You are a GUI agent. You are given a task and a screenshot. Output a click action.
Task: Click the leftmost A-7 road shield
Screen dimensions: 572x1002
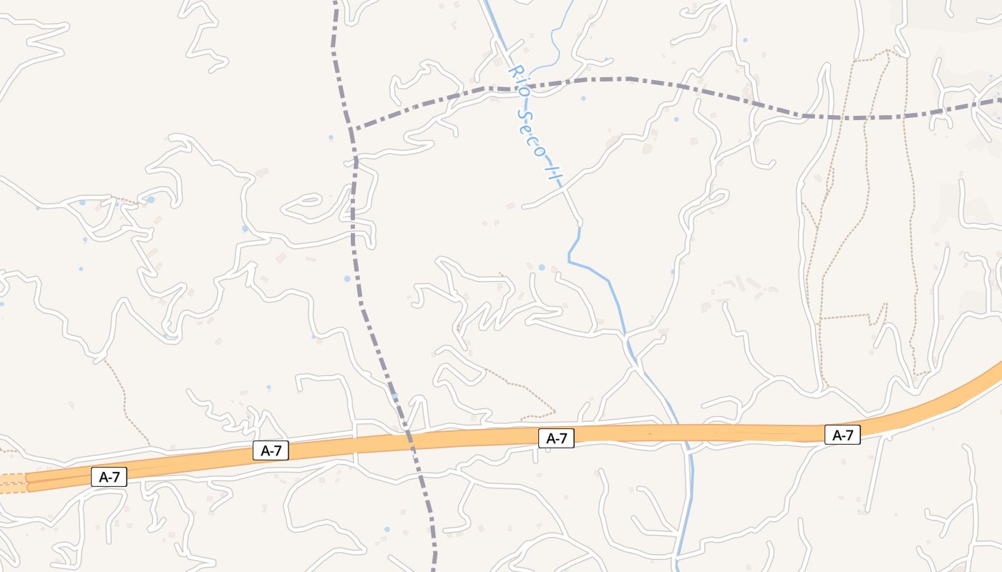tap(109, 478)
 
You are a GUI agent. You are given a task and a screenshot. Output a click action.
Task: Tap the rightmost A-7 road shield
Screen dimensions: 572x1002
tap(842, 434)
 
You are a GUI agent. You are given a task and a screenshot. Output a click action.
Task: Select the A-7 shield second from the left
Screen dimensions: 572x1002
tap(271, 450)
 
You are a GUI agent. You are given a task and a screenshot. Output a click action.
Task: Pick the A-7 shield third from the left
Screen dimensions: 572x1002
tap(556, 438)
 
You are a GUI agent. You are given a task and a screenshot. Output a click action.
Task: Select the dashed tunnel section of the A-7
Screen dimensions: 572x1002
tap(13, 483)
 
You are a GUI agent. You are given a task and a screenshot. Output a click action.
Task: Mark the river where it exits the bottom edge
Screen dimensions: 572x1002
tap(677, 568)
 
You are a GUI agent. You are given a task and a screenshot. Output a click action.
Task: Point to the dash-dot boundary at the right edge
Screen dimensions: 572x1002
tap(998, 100)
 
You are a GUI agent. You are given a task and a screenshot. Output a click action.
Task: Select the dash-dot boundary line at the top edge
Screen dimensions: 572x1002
tap(334, 4)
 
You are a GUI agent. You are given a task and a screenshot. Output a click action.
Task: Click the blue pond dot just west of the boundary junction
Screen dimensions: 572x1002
tap(331, 137)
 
